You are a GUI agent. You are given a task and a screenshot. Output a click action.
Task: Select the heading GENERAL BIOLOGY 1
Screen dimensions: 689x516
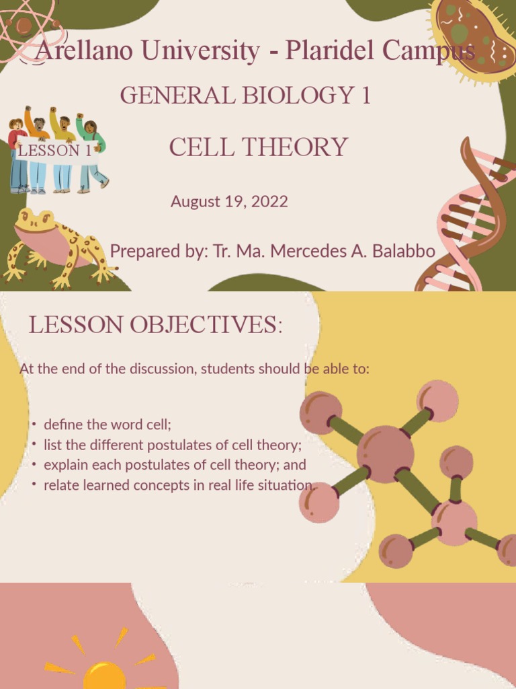tap(245, 96)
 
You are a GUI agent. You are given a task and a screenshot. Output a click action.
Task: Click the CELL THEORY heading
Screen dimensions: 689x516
tap(258, 147)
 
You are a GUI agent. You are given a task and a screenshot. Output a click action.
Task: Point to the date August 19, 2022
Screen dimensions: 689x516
tap(229, 201)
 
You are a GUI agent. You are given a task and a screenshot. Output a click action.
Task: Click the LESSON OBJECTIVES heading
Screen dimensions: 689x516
tap(155, 325)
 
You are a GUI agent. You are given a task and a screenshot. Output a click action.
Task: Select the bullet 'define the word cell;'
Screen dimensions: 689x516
tap(107, 425)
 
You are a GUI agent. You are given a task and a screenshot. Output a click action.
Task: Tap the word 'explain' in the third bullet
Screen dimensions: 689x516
tap(64, 465)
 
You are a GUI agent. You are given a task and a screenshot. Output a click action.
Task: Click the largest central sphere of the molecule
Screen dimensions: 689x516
tap(385, 454)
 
